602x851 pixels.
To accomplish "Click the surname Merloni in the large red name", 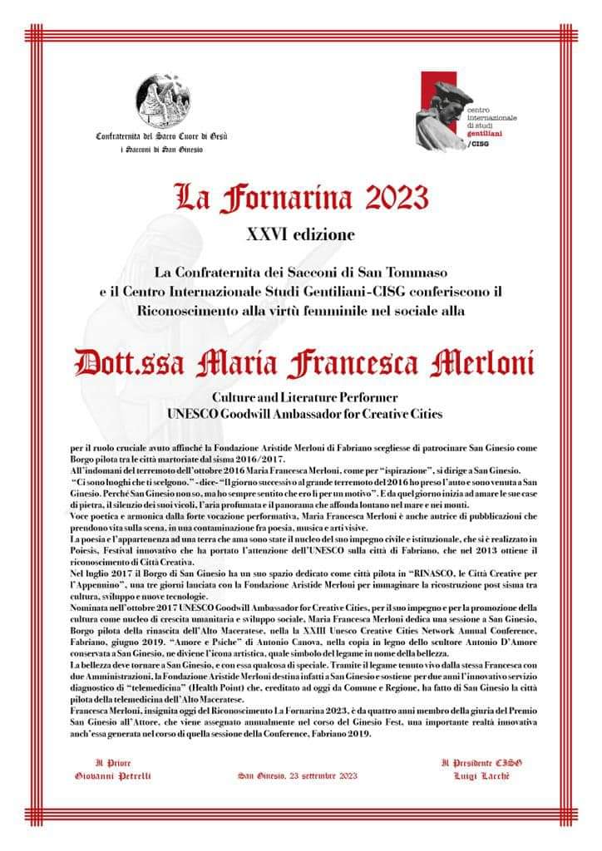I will click(479, 365).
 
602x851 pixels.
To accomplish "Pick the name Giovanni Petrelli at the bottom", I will click(113, 775).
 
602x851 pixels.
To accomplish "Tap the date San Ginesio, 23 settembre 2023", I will click(297, 775).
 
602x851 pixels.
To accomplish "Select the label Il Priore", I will click(113, 761).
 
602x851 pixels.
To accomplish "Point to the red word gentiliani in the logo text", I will click(483, 133).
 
